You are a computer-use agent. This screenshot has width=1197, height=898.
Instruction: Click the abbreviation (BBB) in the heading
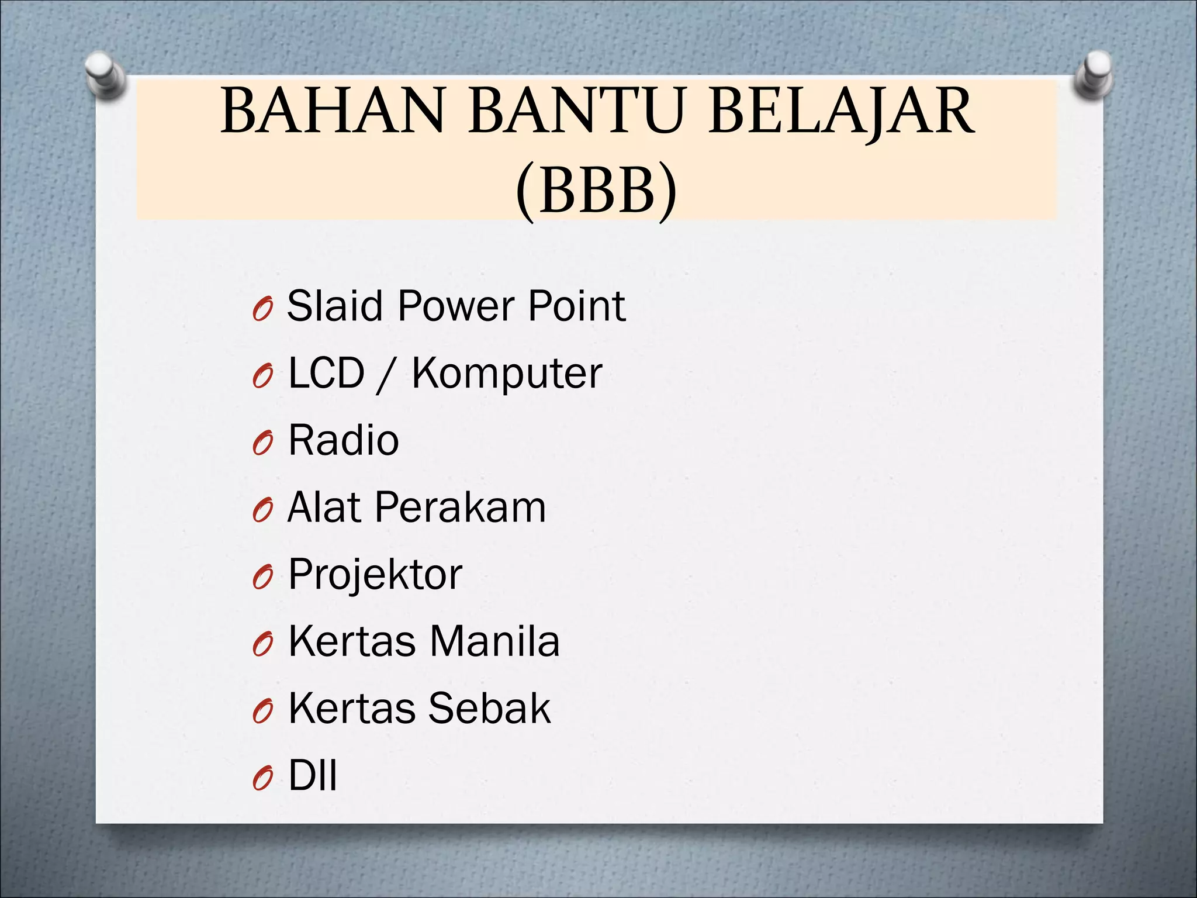click(x=596, y=190)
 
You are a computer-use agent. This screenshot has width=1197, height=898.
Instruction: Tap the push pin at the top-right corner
click(x=1094, y=73)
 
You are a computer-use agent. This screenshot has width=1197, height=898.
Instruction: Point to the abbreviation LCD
click(x=326, y=373)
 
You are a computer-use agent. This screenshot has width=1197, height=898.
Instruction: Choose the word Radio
click(x=344, y=440)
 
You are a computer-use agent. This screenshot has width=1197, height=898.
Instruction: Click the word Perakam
click(x=460, y=507)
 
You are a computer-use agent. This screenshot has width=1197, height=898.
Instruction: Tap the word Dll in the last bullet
click(x=313, y=776)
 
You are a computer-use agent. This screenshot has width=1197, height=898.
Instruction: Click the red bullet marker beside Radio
click(x=263, y=444)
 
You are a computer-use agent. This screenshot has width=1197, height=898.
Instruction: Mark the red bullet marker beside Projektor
click(x=263, y=579)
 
